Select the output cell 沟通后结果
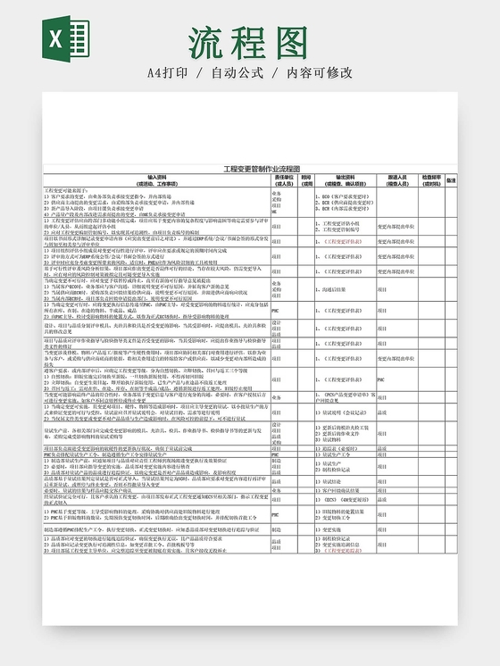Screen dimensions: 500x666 tap(336, 289)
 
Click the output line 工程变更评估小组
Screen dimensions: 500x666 tap(345, 223)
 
